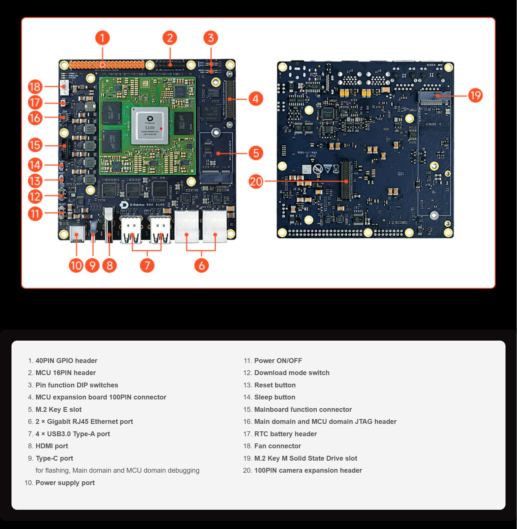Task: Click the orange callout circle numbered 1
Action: (x=102, y=38)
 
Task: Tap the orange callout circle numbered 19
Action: (x=475, y=95)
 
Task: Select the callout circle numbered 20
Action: (x=255, y=182)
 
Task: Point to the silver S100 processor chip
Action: (x=150, y=126)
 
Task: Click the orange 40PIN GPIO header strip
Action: (x=107, y=64)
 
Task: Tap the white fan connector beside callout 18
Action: (x=64, y=87)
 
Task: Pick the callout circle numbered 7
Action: (x=147, y=265)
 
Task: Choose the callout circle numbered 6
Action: (x=201, y=265)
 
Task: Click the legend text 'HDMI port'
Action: (x=52, y=446)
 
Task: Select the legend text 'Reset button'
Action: (x=275, y=385)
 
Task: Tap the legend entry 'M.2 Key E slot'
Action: (x=59, y=410)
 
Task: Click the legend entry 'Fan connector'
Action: (x=277, y=446)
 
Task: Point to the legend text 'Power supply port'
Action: (x=65, y=483)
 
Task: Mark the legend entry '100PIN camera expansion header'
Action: (x=308, y=470)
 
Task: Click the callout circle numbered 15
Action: (x=35, y=145)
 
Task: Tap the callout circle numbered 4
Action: (x=255, y=99)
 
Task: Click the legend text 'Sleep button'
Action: (x=274, y=397)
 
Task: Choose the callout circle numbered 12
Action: (x=35, y=197)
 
